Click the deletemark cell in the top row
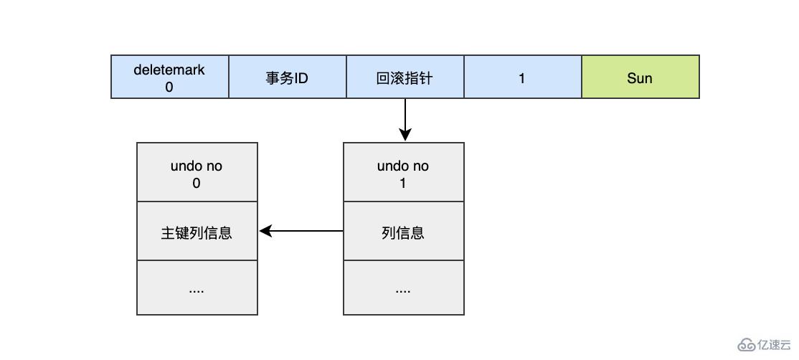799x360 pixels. coord(170,77)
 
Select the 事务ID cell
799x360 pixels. coord(287,77)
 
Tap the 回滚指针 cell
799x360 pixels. coord(405,77)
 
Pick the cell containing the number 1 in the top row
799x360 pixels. coord(522,77)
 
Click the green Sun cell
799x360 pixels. coord(640,77)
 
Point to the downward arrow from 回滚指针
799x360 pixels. coord(405,120)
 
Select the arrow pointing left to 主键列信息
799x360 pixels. coord(301,231)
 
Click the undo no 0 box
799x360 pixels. coord(197,173)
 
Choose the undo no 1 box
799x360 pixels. coord(403,173)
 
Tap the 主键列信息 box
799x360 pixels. coord(197,232)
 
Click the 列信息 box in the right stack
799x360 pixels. coord(403,232)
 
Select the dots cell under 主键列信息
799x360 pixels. coord(197,288)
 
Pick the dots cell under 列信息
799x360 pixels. coord(403,288)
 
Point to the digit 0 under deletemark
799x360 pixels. coord(169,87)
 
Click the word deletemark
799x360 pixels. coord(169,70)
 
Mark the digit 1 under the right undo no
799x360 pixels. coord(403,183)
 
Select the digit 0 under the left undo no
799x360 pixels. coord(197,183)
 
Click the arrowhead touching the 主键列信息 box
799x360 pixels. coord(265,231)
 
